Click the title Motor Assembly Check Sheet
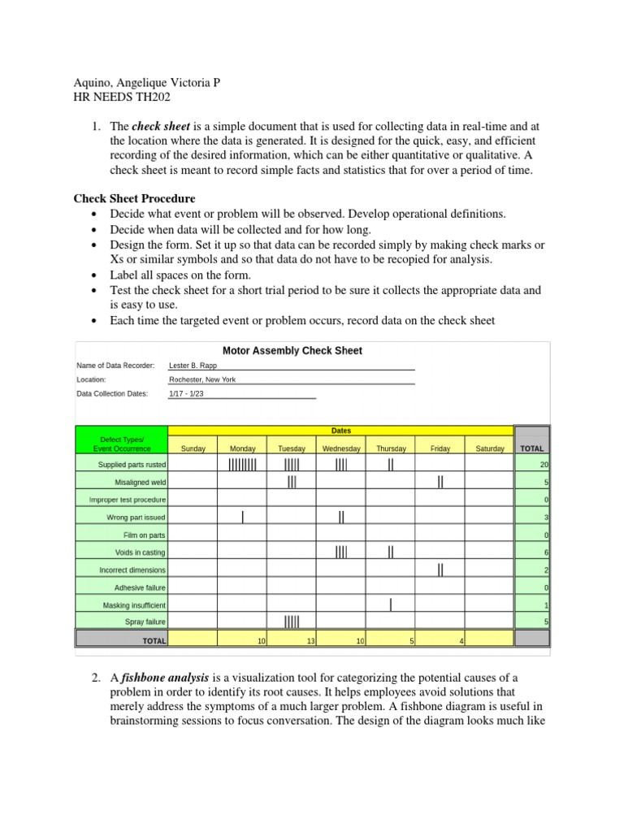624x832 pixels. pyautogui.click(x=292, y=351)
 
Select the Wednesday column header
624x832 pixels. pyautogui.click(x=341, y=448)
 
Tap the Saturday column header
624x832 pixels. pyautogui.click(x=489, y=448)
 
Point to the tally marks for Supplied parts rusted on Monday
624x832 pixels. pyautogui.click(x=242, y=465)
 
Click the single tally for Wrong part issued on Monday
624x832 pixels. pyautogui.click(x=242, y=517)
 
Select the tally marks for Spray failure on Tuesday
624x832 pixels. pyautogui.click(x=292, y=622)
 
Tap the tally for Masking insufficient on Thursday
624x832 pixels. pyautogui.click(x=391, y=604)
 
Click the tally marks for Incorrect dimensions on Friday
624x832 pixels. pyautogui.click(x=440, y=570)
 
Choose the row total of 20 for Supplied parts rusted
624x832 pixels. pyautogui.click(x=544, y=465)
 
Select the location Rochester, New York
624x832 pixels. pyautogui.click(x=203, y=379)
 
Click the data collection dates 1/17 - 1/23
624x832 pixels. pyautogui.click(x=187, y=394)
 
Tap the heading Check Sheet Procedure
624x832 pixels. pyautogui.click(x=134, y=198)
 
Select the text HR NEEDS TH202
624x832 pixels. pyautogui.click(x=122, y=97)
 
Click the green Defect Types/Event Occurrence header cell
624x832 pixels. pyautogui.click(x=121, y=444)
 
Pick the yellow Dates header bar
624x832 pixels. pyautogui.click(x=340, y=431)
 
